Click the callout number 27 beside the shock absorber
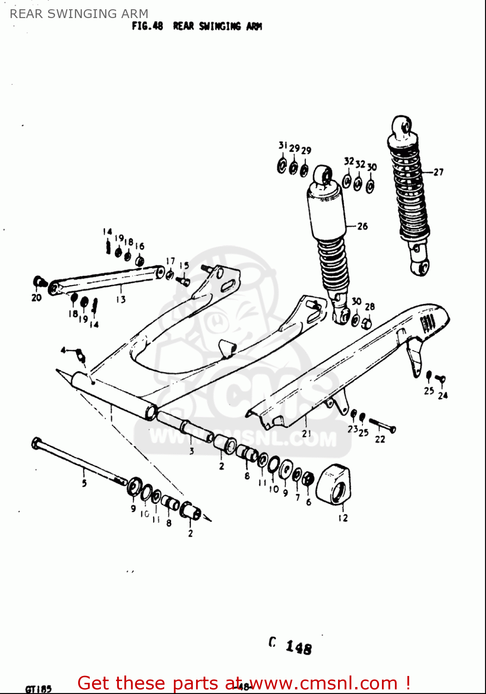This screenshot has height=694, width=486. [x=438, y=172]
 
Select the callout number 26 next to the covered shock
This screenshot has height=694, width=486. [x=363, y=226]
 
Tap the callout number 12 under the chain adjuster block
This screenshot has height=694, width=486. [x=343, y=518]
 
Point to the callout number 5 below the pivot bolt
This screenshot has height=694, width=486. [x=84, y=483]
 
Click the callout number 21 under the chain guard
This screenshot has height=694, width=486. [x=306, y=434]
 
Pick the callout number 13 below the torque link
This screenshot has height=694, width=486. [x=121, y=299]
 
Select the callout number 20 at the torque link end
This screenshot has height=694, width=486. [x=37, y=298]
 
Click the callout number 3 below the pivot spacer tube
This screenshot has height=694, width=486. [x=191, y=451]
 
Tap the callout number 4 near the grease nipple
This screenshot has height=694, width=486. [x=64, y=350]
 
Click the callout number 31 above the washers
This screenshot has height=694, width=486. [x=283, y=146]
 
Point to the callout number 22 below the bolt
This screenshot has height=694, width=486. [x=380, y=439]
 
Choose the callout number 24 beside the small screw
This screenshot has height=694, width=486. [x=443, y=395]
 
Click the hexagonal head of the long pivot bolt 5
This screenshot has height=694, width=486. [x=36, y=444]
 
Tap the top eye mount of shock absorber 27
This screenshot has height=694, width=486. [x=402, y=126]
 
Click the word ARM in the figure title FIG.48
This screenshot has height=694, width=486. [x=254, y=26]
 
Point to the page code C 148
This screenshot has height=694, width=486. [x=290, y=646]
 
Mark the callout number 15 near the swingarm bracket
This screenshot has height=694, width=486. [x=184, y=266]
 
